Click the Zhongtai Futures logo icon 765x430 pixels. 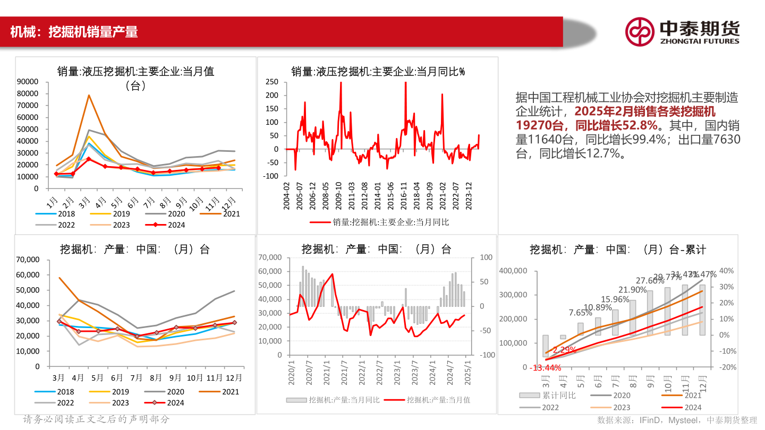[x=639, y=31]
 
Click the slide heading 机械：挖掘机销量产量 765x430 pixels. [x=74, y=32]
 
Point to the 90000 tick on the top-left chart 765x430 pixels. [x=28, y=82]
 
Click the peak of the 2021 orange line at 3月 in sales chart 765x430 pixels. [x=89, y=96]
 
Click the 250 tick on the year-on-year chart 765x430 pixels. [x=271, y=82]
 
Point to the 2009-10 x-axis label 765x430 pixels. [x=338, y=196]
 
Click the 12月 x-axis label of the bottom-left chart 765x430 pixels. [x=234, y=378]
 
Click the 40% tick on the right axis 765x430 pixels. [x=727, y=271]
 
